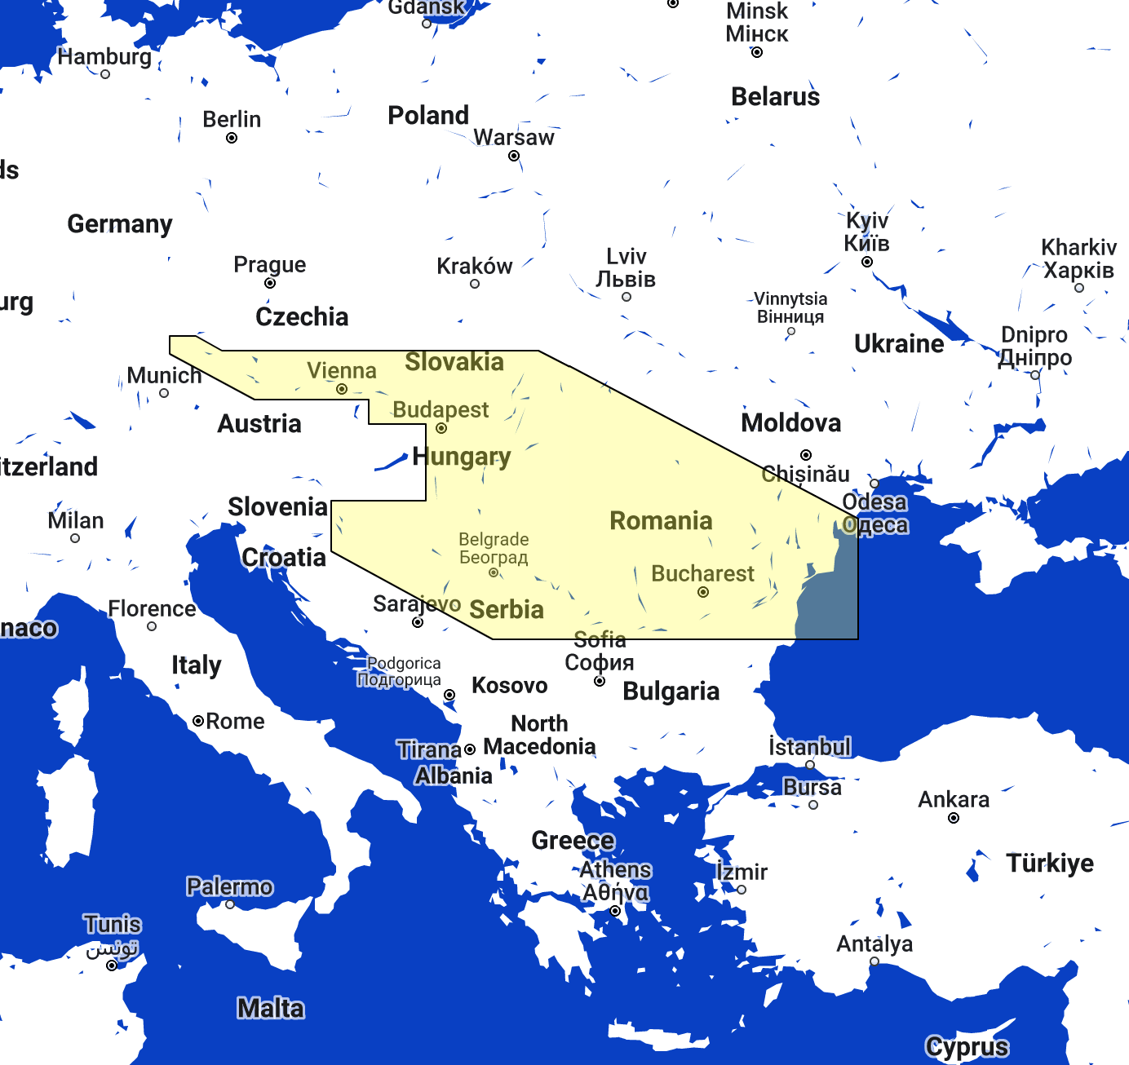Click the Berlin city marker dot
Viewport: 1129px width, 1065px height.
pos(232,138)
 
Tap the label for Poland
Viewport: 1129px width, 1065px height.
pos(428,115)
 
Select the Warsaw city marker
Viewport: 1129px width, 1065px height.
pos(514,156)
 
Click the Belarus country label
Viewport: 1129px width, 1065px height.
pos(775,96)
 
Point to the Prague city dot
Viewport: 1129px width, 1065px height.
pos(270,283)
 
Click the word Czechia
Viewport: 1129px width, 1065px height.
pos(302,316)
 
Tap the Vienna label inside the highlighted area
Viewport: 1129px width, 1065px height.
pos(342,370)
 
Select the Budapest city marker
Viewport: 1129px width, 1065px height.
pos(441,428)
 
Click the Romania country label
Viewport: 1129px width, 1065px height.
pos(661,520)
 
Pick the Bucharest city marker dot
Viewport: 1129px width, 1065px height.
pos(703,592)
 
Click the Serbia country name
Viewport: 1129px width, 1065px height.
pos(507,609)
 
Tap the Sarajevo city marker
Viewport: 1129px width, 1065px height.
pos(418,622)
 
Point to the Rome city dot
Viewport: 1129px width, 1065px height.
pos(198,721)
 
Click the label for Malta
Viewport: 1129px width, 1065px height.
pos(271,1008)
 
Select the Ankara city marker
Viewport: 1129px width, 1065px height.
pos(954,818)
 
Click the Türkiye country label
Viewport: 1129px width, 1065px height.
pos(1050,863)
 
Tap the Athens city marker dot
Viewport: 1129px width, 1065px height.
pos(615,911)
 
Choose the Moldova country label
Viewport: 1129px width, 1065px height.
pos(790,422)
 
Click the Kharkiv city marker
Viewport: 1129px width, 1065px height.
pos(1079,288)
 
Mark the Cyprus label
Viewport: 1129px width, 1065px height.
pos(967,1046)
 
